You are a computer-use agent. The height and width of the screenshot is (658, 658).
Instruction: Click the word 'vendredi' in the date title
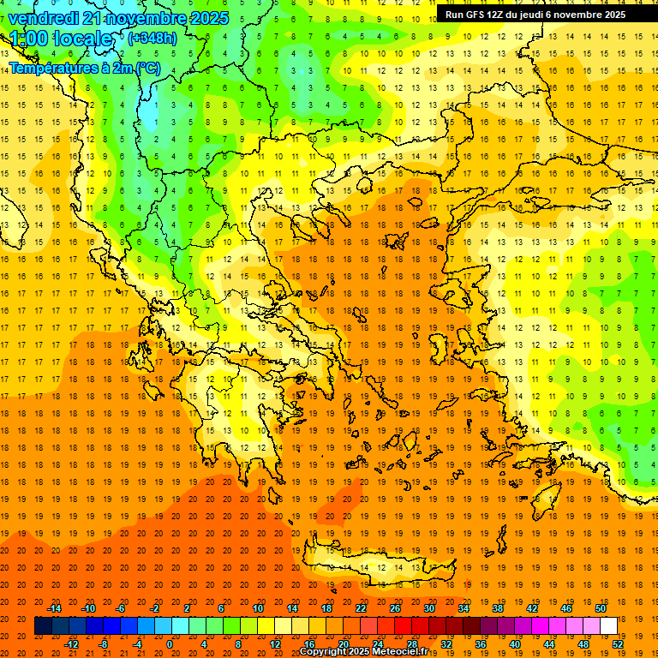44,18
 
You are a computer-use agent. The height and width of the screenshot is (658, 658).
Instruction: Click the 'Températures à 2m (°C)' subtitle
84,68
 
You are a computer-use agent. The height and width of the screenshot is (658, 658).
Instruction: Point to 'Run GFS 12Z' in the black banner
476,15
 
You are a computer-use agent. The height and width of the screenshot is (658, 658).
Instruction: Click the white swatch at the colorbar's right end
608,626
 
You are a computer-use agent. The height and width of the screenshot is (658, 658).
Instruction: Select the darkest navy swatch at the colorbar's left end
43,626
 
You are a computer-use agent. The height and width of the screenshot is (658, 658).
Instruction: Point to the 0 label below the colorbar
170,644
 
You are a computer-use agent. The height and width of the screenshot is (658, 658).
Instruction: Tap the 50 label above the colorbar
600,607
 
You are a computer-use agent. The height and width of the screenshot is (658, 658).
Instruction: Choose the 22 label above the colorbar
361,607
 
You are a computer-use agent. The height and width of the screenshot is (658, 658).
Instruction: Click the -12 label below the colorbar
71,644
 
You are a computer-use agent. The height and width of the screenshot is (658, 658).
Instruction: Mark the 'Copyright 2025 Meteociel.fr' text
363,652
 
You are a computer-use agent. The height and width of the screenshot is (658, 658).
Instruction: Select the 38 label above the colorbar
497,607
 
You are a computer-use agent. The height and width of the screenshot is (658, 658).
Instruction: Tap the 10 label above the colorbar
258,607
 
